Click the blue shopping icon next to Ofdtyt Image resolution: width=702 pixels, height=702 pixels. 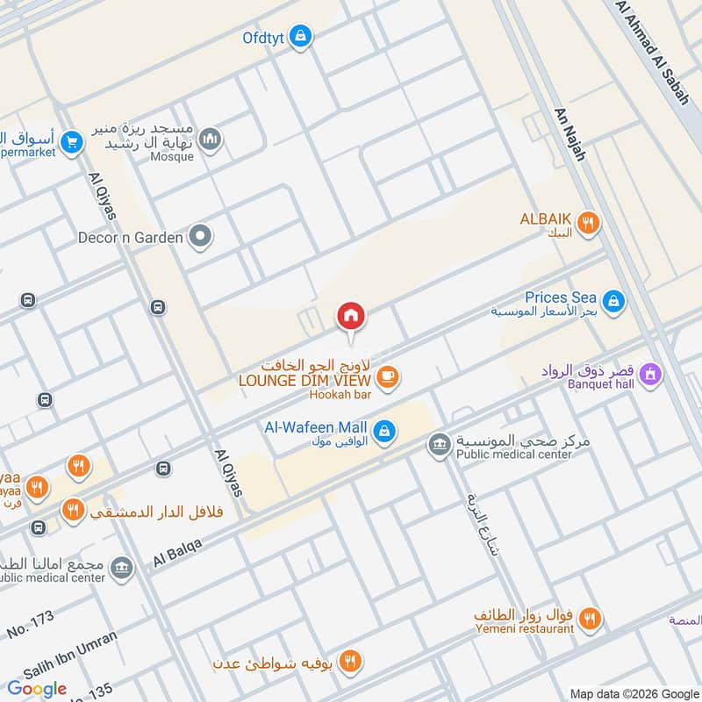pos(301,37)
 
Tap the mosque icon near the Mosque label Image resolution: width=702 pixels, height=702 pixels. pos(210,139)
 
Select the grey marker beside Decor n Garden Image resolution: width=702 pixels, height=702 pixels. pos(201,236)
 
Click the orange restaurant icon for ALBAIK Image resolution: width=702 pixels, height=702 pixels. pos(589,223)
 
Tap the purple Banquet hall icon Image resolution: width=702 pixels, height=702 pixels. pos(650,375)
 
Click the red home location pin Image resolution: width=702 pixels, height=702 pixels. pos(351,316)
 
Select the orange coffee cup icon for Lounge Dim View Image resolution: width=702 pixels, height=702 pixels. pos(386,377)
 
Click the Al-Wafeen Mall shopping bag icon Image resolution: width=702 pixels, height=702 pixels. pos(383,431)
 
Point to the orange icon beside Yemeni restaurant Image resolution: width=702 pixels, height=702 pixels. pos(591,619)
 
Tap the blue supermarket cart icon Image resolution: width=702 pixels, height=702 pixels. pos(72,140)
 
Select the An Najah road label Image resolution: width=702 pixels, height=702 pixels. pos(569,133)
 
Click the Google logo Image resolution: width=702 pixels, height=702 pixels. pos(37,689)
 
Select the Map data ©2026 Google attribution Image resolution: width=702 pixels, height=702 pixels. pos(634,692)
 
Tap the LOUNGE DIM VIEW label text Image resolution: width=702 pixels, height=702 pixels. pos(306,380)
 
